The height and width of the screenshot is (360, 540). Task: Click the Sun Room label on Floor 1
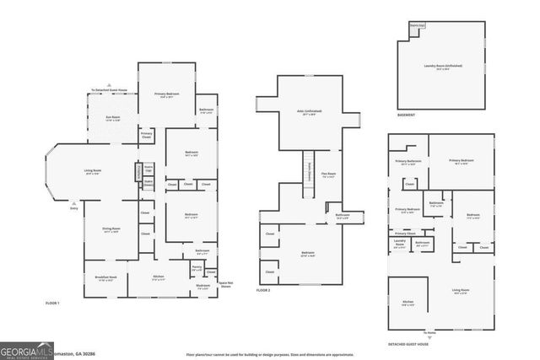coord(112,119)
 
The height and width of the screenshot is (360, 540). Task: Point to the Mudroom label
coord(202,287)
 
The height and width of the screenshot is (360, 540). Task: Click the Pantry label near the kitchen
coord(197,268)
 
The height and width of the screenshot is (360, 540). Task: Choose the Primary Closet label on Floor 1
coord(147,134)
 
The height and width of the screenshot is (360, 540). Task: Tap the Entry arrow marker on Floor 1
coord(74,204)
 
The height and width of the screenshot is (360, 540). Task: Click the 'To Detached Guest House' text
coord(110,90)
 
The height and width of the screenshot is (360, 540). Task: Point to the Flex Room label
coord(329,176)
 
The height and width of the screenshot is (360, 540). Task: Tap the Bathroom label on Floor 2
coord(343,216)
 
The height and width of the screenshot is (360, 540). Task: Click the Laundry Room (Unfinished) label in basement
coord(443,67)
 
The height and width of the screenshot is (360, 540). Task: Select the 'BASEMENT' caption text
coord(406,115)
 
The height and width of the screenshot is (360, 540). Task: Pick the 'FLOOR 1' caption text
coord(54,302)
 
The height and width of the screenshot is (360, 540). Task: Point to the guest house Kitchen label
coord(408,304)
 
